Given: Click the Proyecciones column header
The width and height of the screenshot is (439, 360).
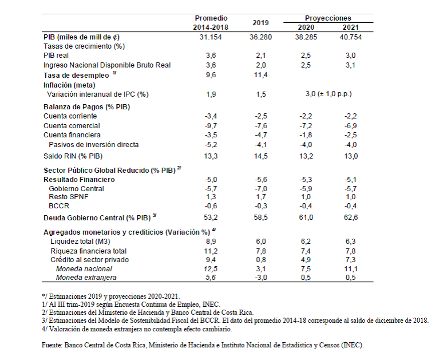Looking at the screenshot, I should [328, 18].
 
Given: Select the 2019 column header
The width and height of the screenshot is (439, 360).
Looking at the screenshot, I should [260, 23].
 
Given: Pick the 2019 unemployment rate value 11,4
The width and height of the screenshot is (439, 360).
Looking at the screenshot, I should [260, 74].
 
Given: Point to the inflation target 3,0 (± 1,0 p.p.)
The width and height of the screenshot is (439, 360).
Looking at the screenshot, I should [328, 94].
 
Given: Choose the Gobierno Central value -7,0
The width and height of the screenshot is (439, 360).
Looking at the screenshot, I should [260, 188].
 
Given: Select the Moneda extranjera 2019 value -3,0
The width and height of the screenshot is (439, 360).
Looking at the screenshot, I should [260, 278].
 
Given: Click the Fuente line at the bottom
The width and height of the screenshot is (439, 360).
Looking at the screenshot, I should [203, 345].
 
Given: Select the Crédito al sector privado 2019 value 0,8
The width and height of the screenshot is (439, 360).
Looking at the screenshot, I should [260, 260].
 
